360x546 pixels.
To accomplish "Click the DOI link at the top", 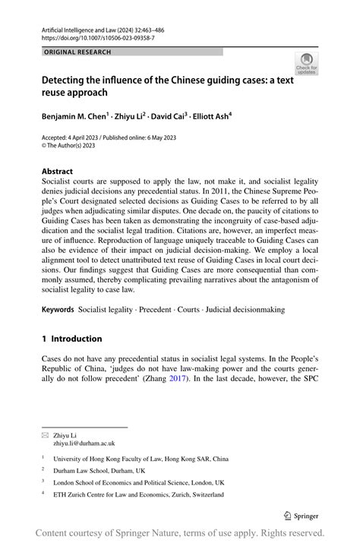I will pos(98,36).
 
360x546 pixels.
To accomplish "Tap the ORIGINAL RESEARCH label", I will pos(78,52).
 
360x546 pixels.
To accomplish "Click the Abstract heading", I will pos(58,172).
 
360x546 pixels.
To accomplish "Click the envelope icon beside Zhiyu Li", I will pos(46,436).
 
